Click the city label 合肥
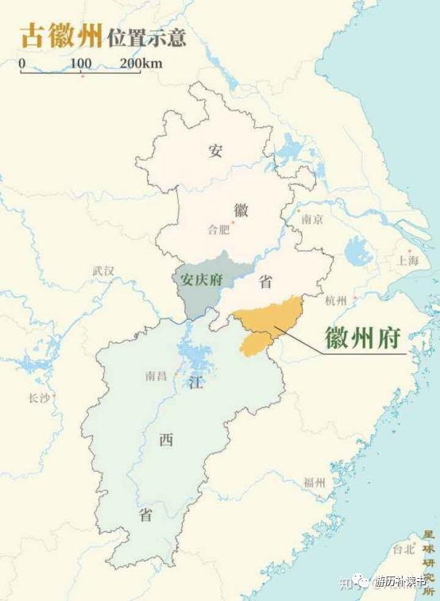pyautogui.click(x=218, y=230)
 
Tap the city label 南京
pyautogui.click(x=312, y=220)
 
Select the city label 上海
pyautogui.click(x=408, y=260)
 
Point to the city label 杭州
pyautogui.click(x=336, y=301)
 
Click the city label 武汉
pyautogui.click(x=103, y=272)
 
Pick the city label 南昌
pyautogui.click(x=156, y=376)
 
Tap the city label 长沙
pyautogui.click(x=38, y=398)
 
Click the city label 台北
pyautogui.click(x=403, y=549)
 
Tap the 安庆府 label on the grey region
pyautogui.click(x=200, y=280)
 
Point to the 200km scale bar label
pyautogui.click(x=142, y=63)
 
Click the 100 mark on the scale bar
pyautogui.click(x=80, y=63)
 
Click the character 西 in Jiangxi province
pyautogui.click(x=166, y=441)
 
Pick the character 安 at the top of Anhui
pyautogui.click(x=215, y=151)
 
